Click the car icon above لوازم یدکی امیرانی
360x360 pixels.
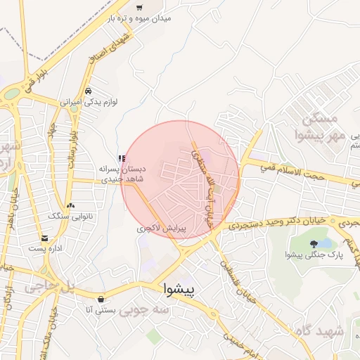pos(88,91)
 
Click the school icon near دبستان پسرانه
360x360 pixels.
pos(122,158)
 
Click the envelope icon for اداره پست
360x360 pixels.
pos(46,238)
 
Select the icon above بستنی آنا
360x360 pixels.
pos(102,298)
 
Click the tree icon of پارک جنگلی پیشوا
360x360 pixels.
pos(314,244)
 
